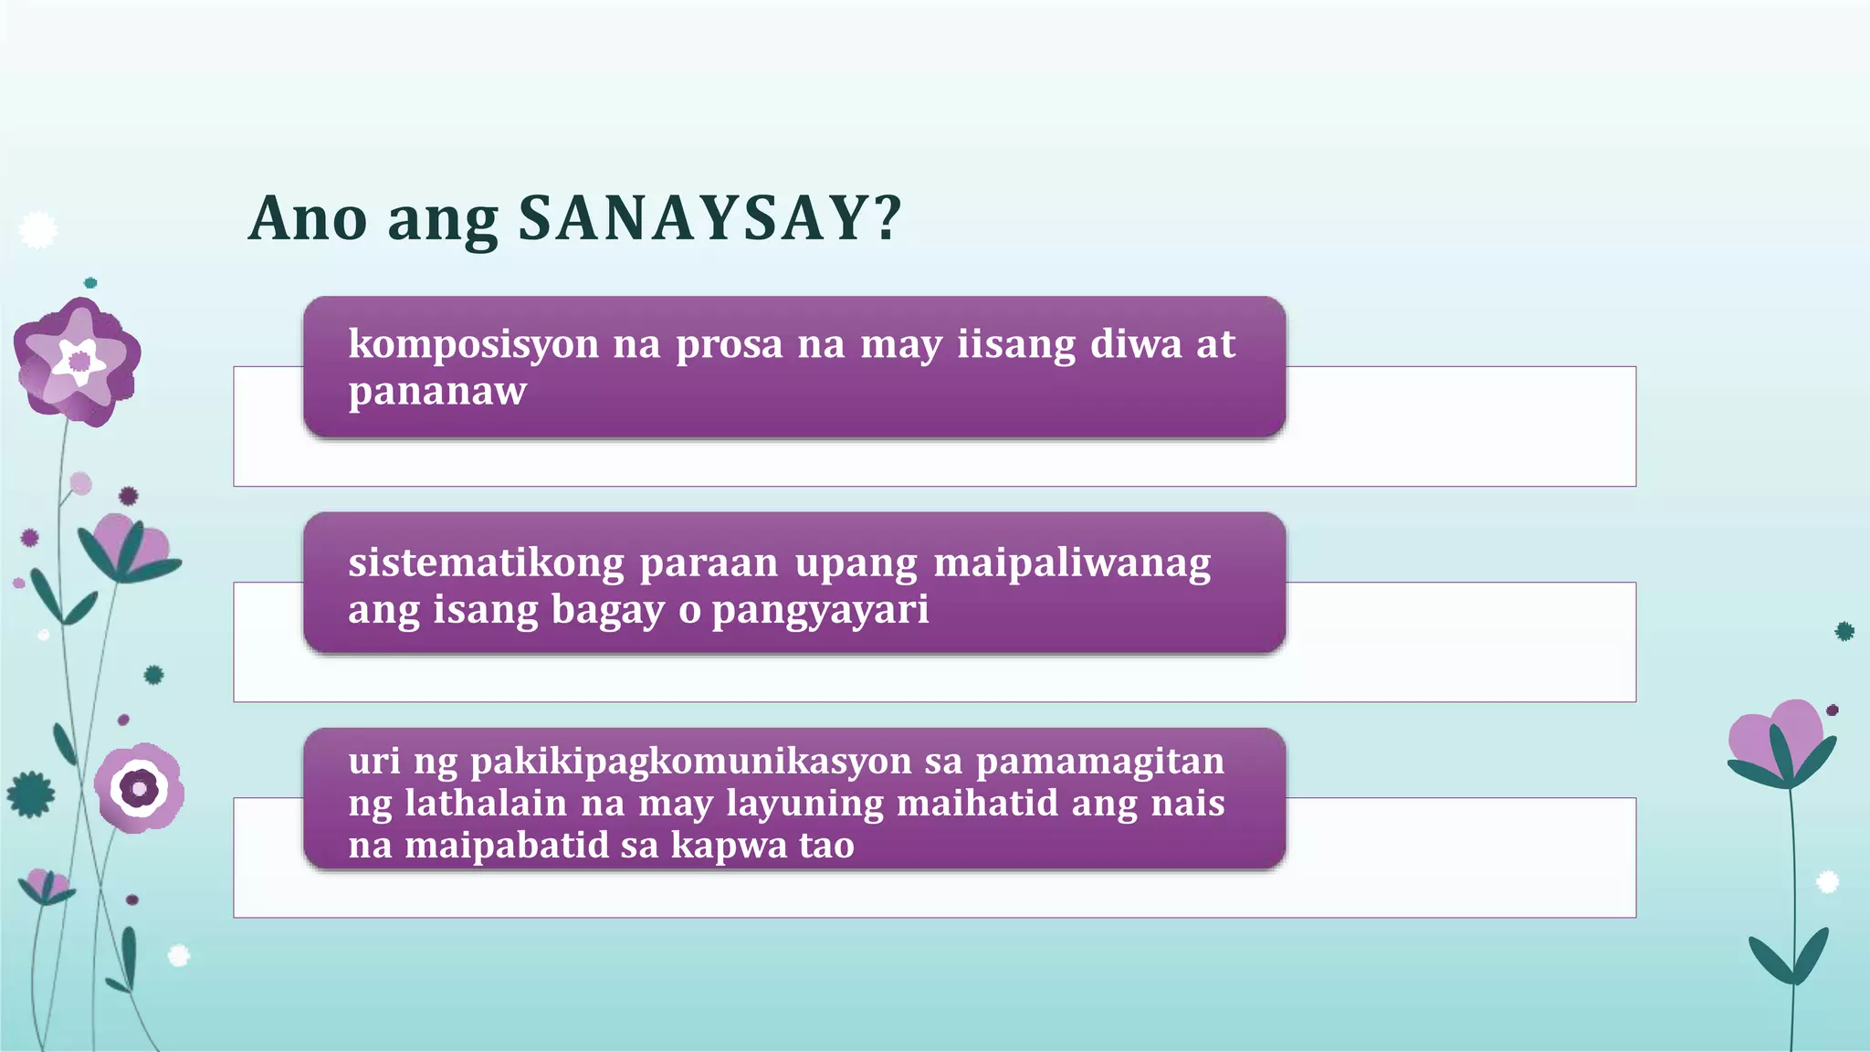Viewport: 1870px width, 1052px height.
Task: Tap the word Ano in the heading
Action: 308,219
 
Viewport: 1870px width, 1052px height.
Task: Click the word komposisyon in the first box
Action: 473,344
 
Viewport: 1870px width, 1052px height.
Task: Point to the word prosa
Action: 729,344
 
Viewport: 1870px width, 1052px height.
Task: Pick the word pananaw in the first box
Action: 436,392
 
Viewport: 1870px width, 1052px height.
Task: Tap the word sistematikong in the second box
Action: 486,563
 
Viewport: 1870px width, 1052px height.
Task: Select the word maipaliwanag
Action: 1071,563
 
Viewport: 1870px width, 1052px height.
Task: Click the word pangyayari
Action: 819,609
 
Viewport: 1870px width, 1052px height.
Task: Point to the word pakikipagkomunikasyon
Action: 690,761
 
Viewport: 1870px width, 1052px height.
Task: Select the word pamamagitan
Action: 1099,761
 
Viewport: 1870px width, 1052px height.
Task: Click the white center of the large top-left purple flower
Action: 79,361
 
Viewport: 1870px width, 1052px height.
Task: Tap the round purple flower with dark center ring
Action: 140,787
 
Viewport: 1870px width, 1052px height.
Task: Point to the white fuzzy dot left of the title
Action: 37,229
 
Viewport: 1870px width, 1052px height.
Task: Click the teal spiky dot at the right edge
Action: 1844,631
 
